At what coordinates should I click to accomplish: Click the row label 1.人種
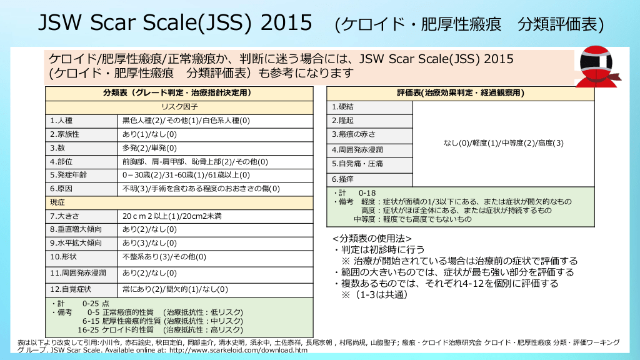pyautogui.click(x=61, y=121)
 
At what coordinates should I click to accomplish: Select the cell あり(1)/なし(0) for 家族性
pyautogui.click(x=149, y=134)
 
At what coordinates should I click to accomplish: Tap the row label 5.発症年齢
pyautogui.click(x=69, y=175)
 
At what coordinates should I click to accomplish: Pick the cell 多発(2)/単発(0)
pyautogui.click(x=149, y=147)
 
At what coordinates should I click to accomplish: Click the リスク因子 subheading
pyautogui.click(x=179, y=107)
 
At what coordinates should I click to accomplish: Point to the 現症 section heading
pyautogui.click(x=57, y=202)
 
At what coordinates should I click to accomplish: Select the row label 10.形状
pyautogui.click(x=63, y=257)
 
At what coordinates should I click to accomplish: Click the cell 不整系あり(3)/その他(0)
pyautogui.click(x=164, y=257)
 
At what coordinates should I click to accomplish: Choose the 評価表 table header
pyautogui.click(x=461, y=93)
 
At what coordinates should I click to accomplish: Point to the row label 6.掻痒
pyautogui.click(x=342, y=179)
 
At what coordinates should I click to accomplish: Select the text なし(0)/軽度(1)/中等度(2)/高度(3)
pyautogui.click(x=503, y=143)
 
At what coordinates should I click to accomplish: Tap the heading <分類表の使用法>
pyautogui.click(x=372, y=238)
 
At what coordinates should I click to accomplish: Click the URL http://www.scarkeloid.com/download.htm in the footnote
pyautogui.click(x=238, y=350)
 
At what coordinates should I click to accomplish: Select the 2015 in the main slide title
pyautogui.click(x=286, y=22)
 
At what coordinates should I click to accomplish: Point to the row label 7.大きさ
pyautogui.click(x=64, y=216)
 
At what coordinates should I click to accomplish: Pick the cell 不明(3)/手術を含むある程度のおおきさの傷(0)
pyautogui.click(x=201, y=189)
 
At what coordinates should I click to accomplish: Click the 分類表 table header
pyautogui.click(x=177, y=93)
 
